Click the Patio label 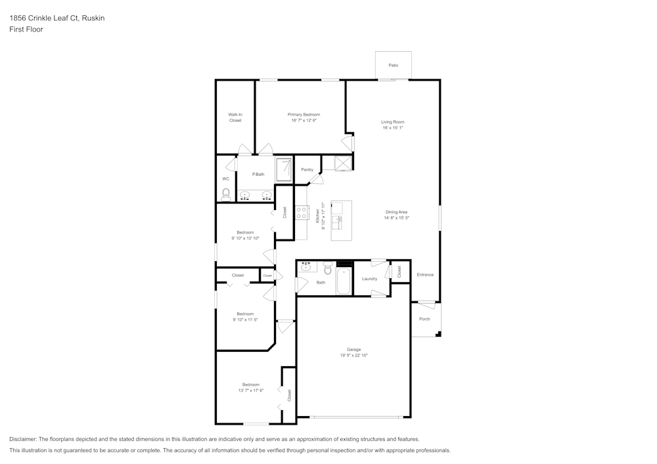(393, 66)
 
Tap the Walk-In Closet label (235, 117)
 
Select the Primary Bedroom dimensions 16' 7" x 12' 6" (304, 121)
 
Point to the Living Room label (393, 122)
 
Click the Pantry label (307, 169)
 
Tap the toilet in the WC (226, 194)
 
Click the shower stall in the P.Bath (283, 169)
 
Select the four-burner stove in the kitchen (302, 213)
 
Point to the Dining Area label (396, 212)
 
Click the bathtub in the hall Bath (344, 282)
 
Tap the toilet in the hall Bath (327, 268)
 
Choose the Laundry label (369, 279)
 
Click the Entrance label (425, 274)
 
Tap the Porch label (424, 319)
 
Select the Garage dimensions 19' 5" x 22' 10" (353, 356)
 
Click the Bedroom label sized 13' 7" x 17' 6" (250, 385)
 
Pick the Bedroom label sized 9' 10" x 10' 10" (245, 232)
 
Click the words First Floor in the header (26, 30)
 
